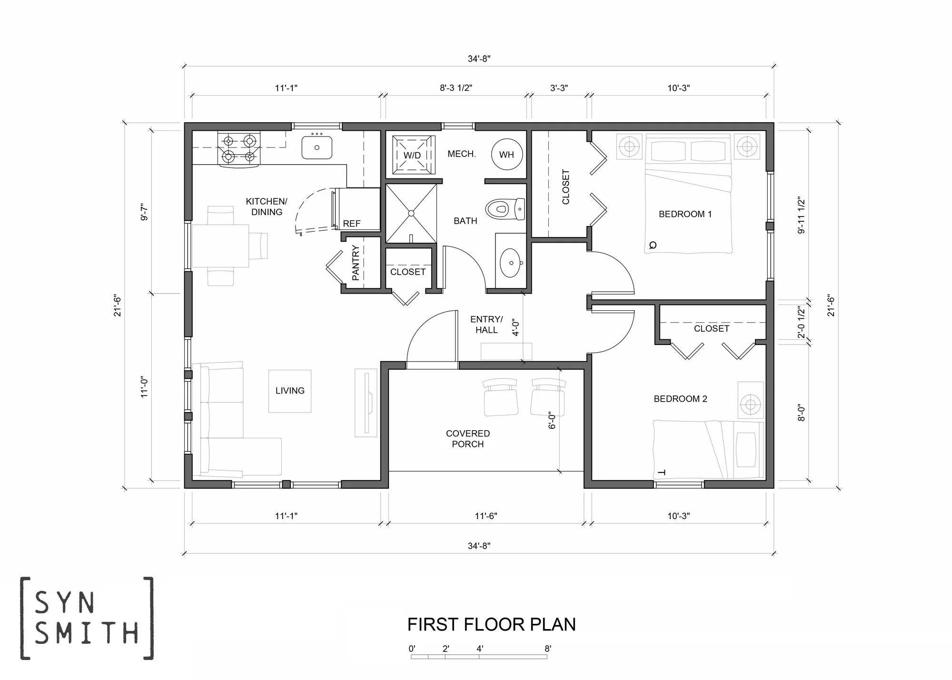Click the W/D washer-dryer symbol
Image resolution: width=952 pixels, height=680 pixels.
coord(413,155)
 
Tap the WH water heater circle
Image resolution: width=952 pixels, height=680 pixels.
coord(506,154)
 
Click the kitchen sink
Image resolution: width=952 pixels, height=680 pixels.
coord(317,147)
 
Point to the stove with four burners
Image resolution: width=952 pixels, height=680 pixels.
coord(239,149)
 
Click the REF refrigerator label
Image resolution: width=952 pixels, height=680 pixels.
coord(352,224)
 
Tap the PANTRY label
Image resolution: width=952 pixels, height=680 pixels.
coord(356,263)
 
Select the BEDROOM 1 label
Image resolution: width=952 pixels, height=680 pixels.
coord(685,214)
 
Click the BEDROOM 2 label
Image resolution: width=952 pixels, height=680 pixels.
coord(680,399)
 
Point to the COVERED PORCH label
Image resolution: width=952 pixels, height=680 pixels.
coord(467,439)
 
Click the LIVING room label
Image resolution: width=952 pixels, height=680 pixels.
coord(290,391)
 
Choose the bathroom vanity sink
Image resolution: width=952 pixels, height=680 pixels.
coord(511,262)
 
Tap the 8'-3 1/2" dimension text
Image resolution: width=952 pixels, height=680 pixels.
coord(456,88)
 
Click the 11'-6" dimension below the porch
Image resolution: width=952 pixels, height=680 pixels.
coord(486,516)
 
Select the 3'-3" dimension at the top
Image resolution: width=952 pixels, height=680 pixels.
coord(559,88)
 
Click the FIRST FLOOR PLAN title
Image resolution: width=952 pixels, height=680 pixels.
coord(491,624)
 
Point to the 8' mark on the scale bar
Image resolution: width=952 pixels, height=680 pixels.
coord(548,648)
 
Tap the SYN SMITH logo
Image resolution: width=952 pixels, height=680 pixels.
coord(87,618)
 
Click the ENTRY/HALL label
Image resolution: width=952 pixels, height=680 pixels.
coord(486,325)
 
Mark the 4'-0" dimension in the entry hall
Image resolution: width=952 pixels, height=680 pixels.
coord(516,327)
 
